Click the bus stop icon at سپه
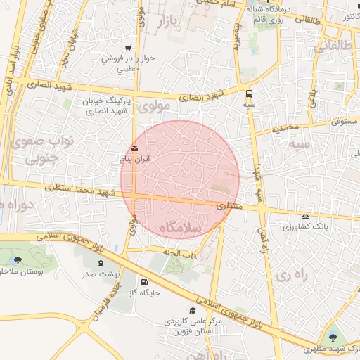(249, 93)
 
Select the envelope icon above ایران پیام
(134, 148)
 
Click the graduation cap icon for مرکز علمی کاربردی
(192, 310)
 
